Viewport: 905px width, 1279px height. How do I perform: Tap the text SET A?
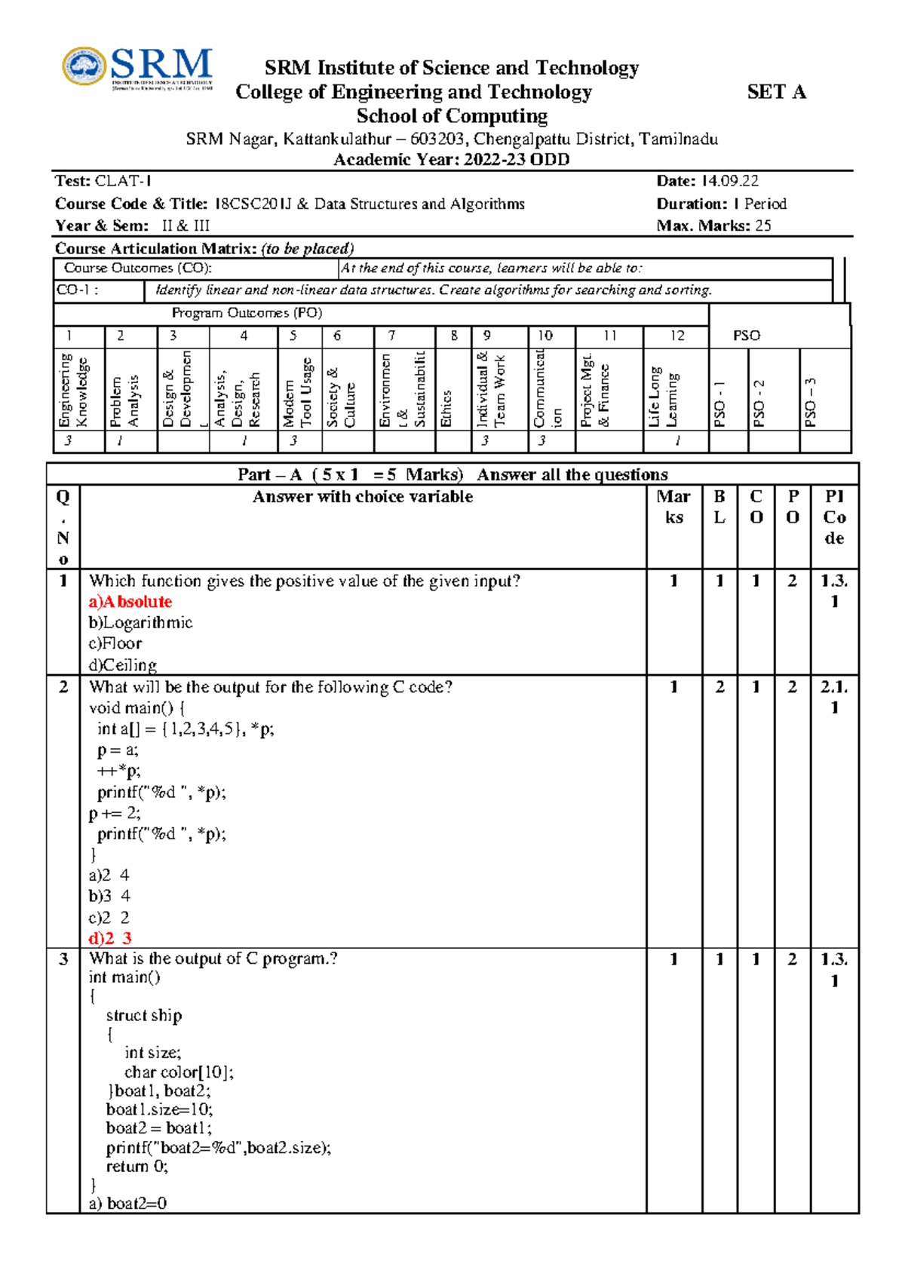pos(776,92)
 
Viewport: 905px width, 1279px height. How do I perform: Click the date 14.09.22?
pos(729,181)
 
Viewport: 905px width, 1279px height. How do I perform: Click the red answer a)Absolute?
pos(130,602)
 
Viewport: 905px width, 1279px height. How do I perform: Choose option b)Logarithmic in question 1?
pos(140,623)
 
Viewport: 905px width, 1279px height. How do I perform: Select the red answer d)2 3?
pos(110,938)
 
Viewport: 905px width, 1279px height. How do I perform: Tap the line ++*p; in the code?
pos(118,771)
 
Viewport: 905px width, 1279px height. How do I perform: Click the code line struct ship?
pos(144,1015)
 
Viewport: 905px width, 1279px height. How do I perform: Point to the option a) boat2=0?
pos(128,1203)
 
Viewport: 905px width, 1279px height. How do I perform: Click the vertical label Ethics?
pos(446,408)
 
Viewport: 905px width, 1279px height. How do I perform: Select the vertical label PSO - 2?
pos(759,403)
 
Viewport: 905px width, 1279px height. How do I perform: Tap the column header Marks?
pos(673,507)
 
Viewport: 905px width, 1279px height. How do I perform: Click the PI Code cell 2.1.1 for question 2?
pos(834,697)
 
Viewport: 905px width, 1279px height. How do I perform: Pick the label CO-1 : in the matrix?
pos(77,290)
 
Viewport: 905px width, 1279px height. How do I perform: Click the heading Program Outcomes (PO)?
pos(247,313)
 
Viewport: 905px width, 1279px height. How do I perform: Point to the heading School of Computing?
pos(452,116)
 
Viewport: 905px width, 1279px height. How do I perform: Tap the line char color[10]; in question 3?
pos(179,1072)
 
